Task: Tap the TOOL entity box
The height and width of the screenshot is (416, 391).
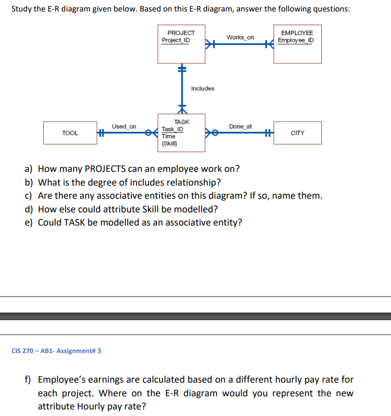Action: pyautogui.click(x=70, y=133)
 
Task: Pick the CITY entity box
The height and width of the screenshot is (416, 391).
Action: pyautogui.click(x=297, y=133)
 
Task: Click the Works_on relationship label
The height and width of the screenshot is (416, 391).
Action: pyautogui.click(x=240, y=37)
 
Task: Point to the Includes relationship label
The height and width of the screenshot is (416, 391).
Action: pyautogui.click(x=203, y=89)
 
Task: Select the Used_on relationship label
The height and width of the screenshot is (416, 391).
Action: pyautogui.click(x=124, y=126)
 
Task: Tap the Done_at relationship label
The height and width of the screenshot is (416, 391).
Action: pyautogui.click(x=240, y=126)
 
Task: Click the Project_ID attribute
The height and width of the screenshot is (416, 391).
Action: pyautogui.click(x=175, y=41)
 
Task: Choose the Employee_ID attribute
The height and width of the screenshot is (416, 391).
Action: pyautogui.click(x=296, y=41)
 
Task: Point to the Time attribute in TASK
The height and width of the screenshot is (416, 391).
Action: pyautogui.click(x=168, y=136)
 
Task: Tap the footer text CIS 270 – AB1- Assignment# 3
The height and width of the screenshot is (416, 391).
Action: pyautogui.click(x=56, y=350)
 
